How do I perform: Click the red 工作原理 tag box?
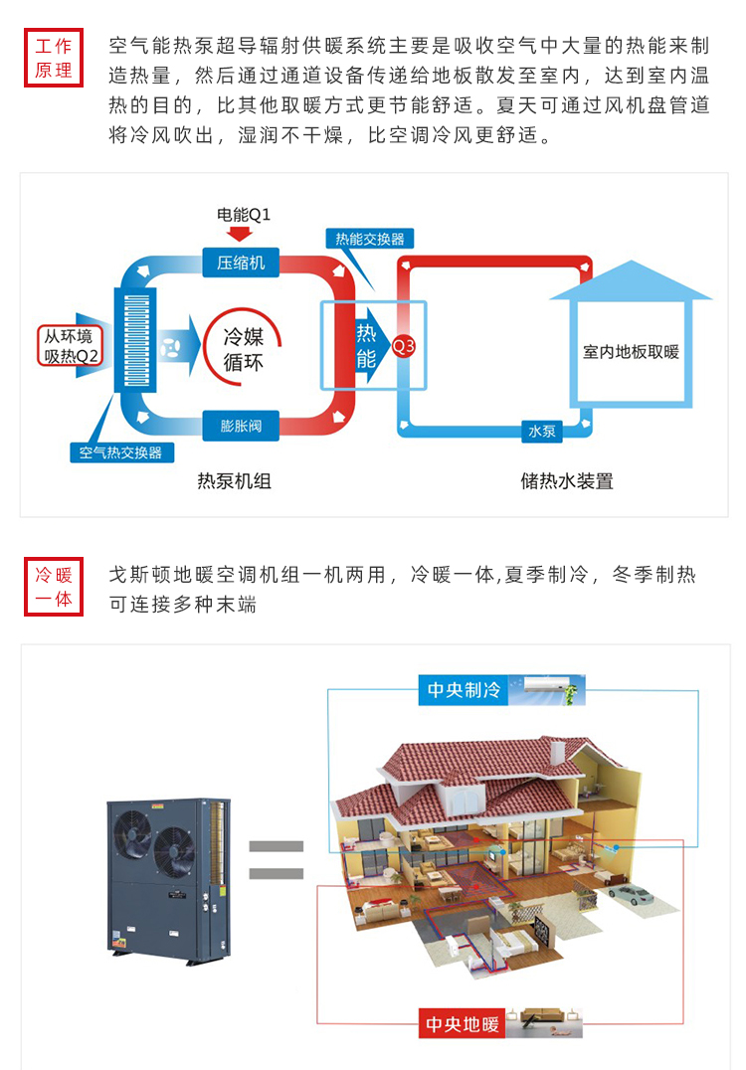pos(54,59)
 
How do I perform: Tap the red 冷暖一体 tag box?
pos(54,587)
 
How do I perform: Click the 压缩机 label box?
pos(241,263)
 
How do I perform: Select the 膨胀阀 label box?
pos(241,426)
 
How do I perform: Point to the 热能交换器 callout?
pos(370,239)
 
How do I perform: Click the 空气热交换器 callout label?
pos(120,452)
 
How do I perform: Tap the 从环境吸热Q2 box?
pos(73,346)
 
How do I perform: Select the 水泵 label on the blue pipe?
pos(541,432)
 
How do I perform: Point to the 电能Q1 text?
pos(244,214)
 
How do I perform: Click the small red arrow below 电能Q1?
pos(241,234)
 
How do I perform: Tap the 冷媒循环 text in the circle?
pos(244,350)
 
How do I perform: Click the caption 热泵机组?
pos(235,481)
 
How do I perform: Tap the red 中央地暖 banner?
pos(464,1023)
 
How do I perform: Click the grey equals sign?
pos(276,860)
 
